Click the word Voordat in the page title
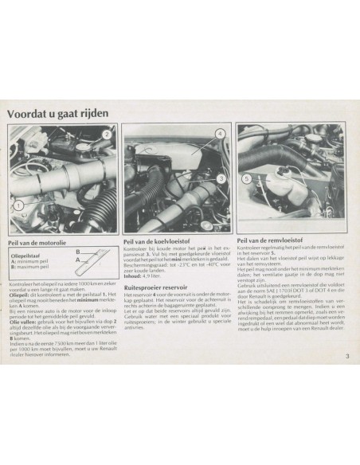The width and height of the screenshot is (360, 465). [33, 113]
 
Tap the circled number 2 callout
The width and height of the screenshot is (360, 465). [105, 135]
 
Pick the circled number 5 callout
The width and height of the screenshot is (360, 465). [248, 178]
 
